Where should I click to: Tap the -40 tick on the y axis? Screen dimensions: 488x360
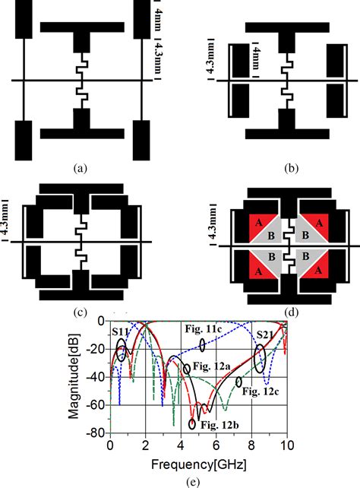96,376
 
